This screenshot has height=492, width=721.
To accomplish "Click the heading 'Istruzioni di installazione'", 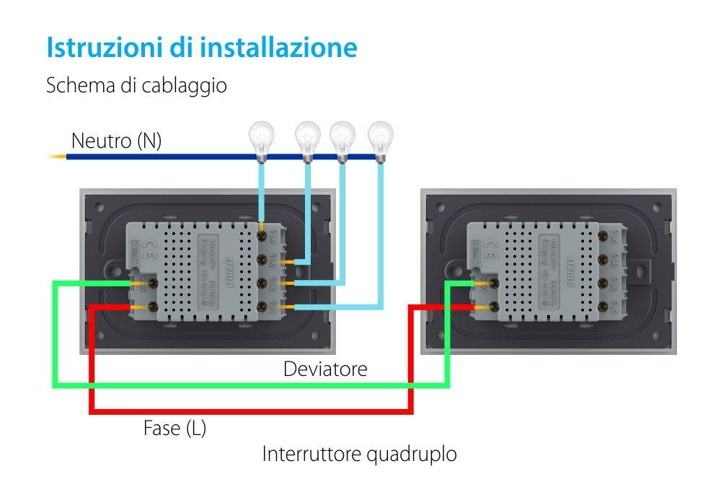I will (202, 48).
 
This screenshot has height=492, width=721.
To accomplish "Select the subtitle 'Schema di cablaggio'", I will (136, 85).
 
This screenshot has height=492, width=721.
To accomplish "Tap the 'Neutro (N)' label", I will (116, 141).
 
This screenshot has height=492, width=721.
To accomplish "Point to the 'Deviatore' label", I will (325, 369).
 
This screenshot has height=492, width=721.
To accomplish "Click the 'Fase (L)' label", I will (174, 428).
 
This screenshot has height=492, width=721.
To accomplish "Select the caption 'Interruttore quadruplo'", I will (359, 454).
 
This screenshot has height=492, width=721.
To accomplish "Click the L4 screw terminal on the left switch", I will (262, 234).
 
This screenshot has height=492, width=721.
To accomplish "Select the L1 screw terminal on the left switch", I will (262, 309).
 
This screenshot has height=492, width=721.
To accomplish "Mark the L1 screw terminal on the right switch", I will (603, 309).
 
